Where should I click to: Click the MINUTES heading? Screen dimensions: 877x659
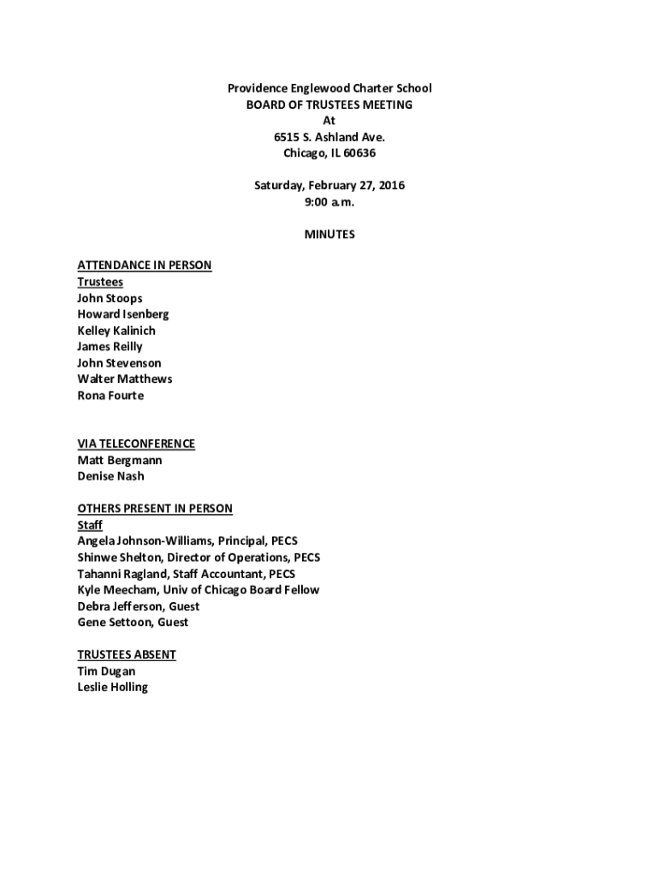[x=329, y=234]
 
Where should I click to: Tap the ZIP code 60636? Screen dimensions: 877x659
[x=357, y=153]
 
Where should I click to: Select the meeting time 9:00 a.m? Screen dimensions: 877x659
[x=329, y=202]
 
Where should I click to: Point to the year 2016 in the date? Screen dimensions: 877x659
[x=390, y=186]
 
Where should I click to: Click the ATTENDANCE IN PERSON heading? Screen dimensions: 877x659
[x=144, y=265]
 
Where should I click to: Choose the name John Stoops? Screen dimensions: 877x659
[x=110, y=299]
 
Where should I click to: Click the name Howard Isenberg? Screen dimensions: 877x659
[x=122, y=314]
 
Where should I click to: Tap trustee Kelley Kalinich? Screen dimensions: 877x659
[x=116, y=331]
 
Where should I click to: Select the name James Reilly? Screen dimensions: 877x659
[x=110, y=347]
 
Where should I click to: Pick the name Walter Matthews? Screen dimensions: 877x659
[x=124, y=379]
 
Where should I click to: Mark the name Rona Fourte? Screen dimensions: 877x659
[x=110, y=396]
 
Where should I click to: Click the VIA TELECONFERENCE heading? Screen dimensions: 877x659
[x=136, y=444]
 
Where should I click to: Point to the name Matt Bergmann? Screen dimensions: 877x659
[x=119, y=460]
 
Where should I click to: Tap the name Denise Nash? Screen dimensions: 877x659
[x=110, y=476]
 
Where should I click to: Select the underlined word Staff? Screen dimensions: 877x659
[x=90, y=525]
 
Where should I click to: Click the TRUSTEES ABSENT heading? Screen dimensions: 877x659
[x=127, y=654]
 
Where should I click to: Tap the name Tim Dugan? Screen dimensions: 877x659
[x=106, y=671]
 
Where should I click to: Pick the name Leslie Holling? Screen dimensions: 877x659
[x=112, y=687]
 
